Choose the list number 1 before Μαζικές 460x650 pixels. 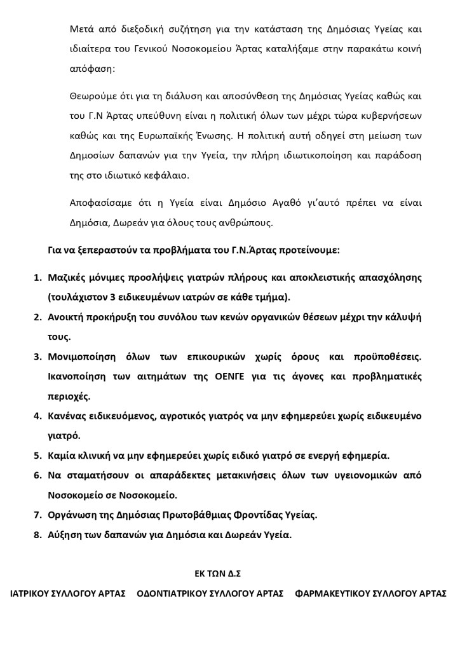pos(36,278)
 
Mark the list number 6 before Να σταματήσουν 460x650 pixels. pos(36,475)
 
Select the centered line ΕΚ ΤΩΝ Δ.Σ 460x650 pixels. pos(217,574)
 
